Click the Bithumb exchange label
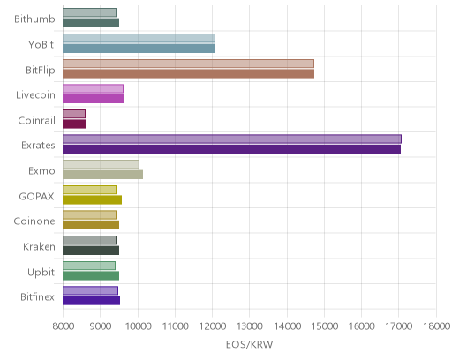tap(34, 19)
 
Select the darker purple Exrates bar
tap(231, 149)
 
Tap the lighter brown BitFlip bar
tap(188, 64)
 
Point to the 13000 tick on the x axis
tap(249, 326)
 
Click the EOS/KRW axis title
tap(249, 344)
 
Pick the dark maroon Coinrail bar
tap(74, 124)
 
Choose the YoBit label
tap(41, 45)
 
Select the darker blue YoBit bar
tap(139, 49)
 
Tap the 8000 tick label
tap(63, 326)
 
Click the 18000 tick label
tap(437, 326)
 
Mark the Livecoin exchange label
tap(35, 95)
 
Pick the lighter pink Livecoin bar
tap(93, 88)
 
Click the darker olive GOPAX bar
tap(92, 199)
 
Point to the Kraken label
tap(39, 246)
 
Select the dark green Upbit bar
tap(91, 276)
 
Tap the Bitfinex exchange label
tap(37, 297)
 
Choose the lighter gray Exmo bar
tap(101, 164)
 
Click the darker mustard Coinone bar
tap(91, 225)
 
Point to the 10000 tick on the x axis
tap(138, 326)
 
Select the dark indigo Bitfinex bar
tap(91, 301)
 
